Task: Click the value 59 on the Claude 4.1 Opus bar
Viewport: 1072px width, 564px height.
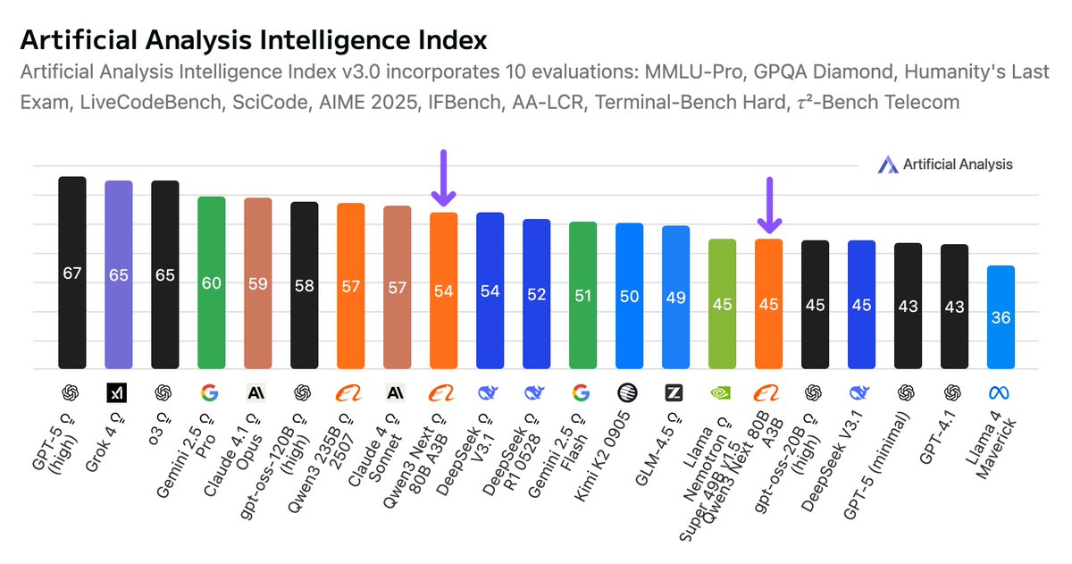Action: pyautogui.click(x=257, y=283)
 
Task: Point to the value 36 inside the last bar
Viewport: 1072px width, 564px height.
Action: pyautogui.click(x=1001, y=317)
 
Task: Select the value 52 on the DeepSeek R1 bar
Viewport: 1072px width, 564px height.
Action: pyautogui.click(x=536, y=293)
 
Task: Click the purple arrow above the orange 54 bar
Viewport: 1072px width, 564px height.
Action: pyautogui.click(x=444, y=177)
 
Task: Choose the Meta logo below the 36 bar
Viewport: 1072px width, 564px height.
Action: pyautogui.click(x=1001, y=391)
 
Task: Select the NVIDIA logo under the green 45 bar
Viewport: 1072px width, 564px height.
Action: pyautogui.click(x=722, y=391)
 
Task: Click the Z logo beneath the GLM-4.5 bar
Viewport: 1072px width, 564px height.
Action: pyautogui.click(x=675, y=391)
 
